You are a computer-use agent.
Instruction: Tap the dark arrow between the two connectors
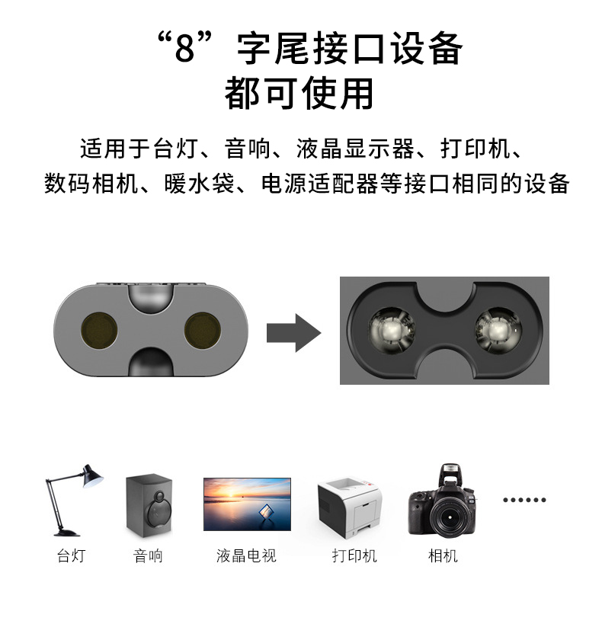click(x=293, y=333)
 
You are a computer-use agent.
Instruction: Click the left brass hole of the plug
click(x=99, y=331)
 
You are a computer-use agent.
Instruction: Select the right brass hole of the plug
click(x=203, y=331)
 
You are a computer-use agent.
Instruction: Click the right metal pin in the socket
click(x=498, y=329)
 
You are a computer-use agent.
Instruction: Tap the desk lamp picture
click(x=74, y=500)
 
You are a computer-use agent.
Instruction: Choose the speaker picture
click(x=149, y=505)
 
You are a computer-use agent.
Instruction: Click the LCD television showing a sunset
click(x=247, y=504)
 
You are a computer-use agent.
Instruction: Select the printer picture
click(x=350, y=507)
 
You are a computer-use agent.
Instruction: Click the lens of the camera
click(x=449, y=517)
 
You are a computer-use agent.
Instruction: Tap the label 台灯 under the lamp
click(x=71, y=555)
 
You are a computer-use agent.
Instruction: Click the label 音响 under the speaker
click(x=148, y=555)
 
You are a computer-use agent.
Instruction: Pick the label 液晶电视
click(x=246, y=555)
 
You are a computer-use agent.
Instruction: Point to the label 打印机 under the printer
click(x=354, y=555)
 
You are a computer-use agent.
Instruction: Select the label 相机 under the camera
click(x=443, y=555)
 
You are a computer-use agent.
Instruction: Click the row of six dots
click(x=524, y=500)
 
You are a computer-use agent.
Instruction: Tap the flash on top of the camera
click(x=450, y=472)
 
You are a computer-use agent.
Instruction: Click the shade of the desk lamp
click(x=92, y=476)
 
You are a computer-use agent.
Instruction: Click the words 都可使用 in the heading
click(x=299, y=93)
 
